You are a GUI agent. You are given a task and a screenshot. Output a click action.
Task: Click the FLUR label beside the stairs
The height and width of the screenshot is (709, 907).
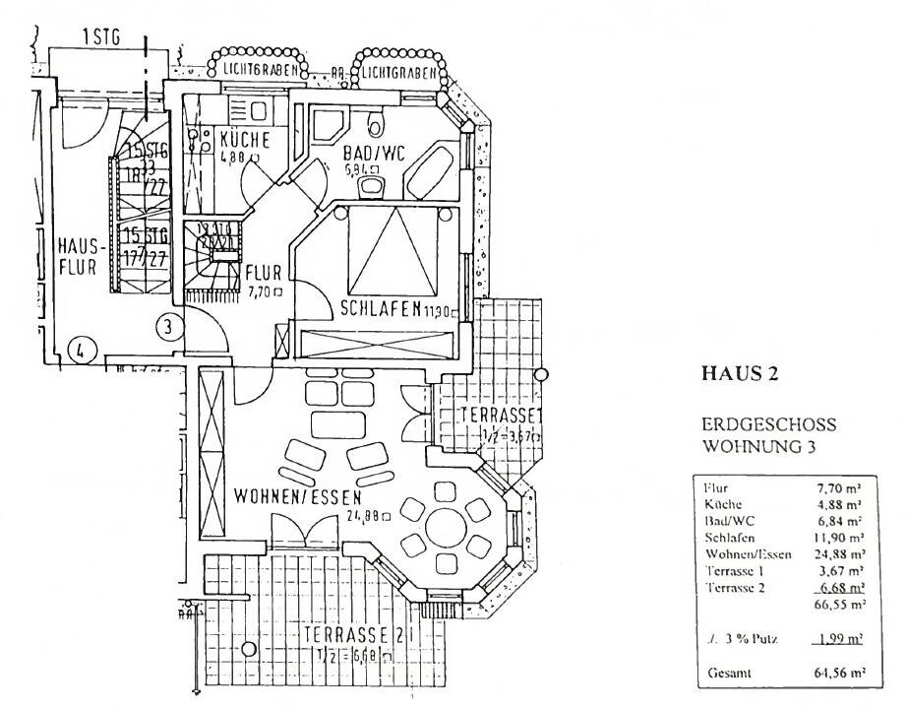coord(263,272)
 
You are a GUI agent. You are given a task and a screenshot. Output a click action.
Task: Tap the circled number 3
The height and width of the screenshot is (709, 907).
coord(169,325)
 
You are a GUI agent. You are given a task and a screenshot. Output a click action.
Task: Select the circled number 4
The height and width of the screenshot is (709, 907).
coord(82,347)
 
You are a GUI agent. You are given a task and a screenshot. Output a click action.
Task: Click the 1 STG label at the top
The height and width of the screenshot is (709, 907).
coord(100,40)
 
